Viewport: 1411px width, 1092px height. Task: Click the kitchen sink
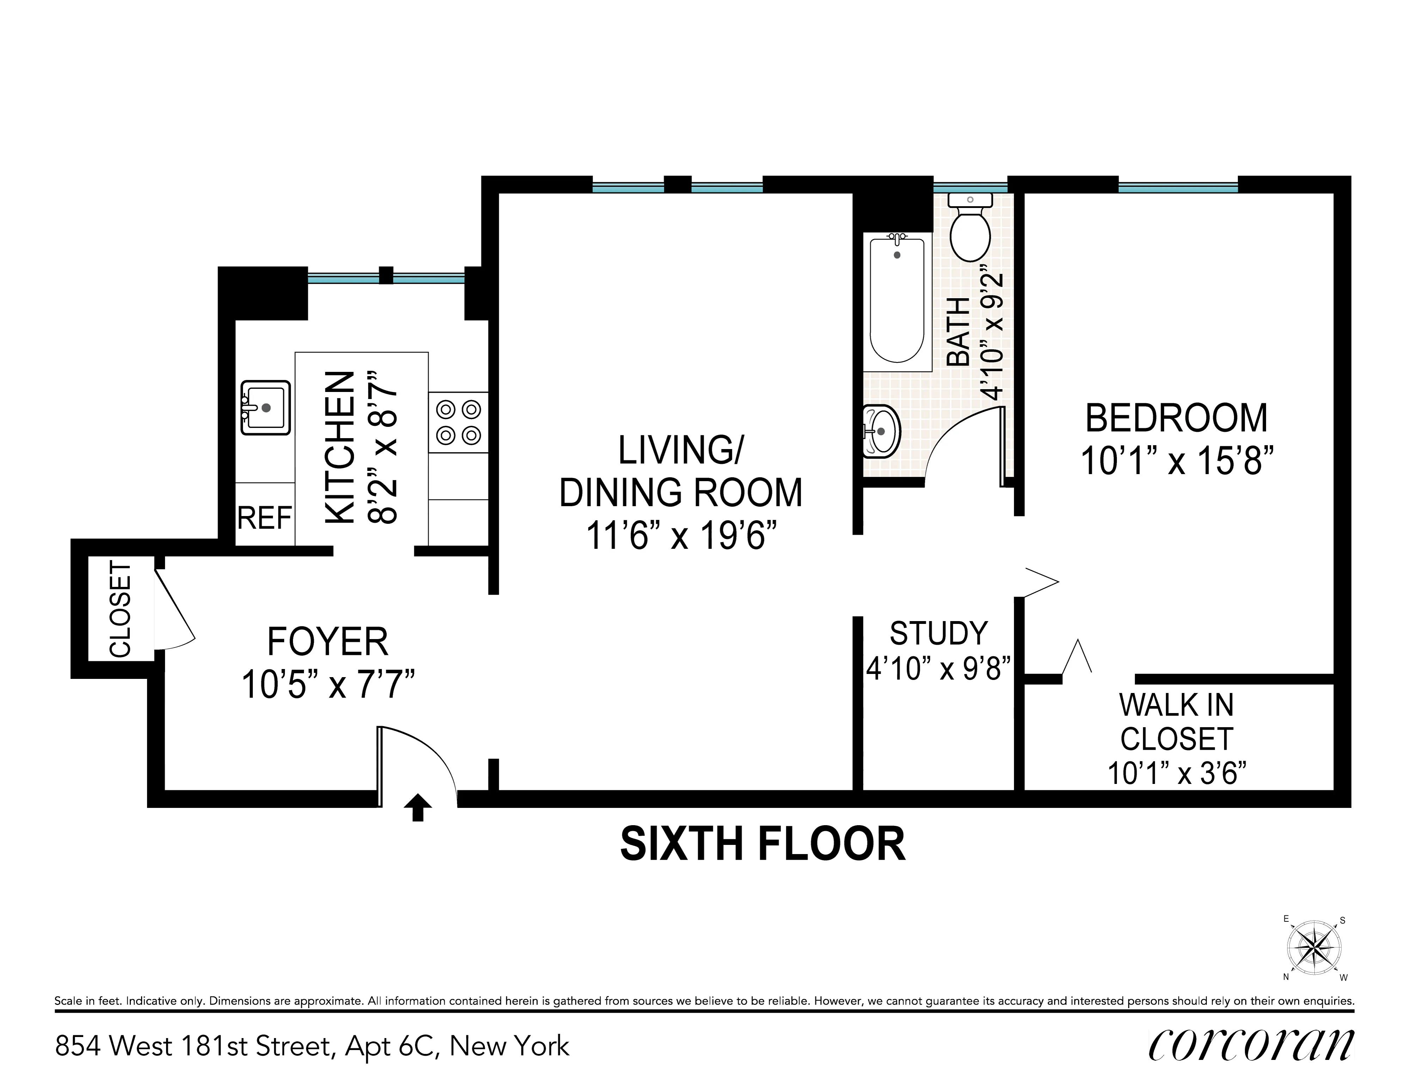coord(265,407)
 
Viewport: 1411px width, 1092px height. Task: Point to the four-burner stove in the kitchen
coord(458,422)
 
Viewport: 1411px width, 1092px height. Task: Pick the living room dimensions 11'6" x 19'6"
coord(680,535)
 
